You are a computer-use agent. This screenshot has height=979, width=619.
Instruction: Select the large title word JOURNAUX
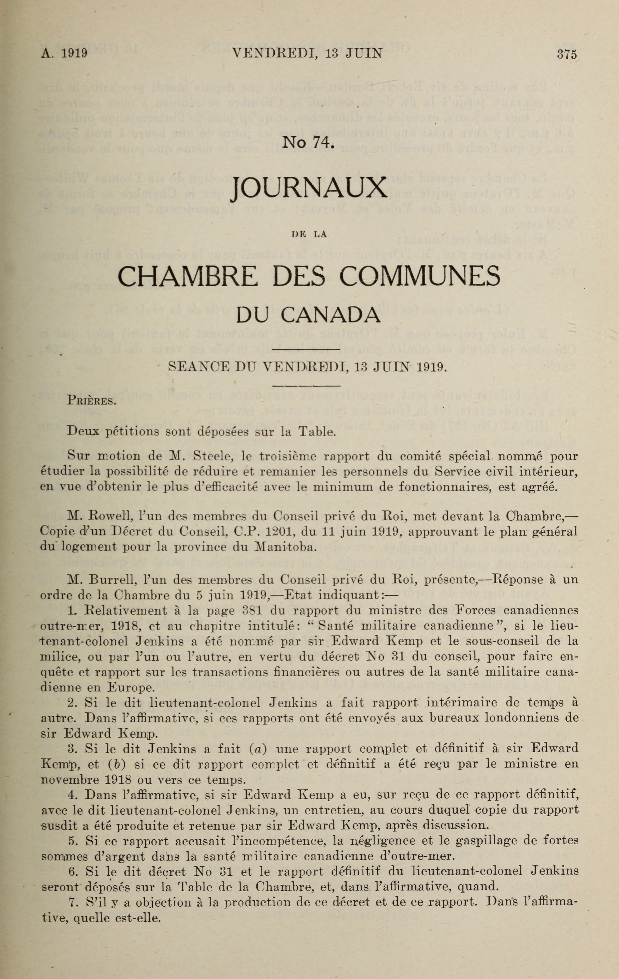coord(308,189)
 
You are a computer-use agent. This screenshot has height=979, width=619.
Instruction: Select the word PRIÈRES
coord(92,402)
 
